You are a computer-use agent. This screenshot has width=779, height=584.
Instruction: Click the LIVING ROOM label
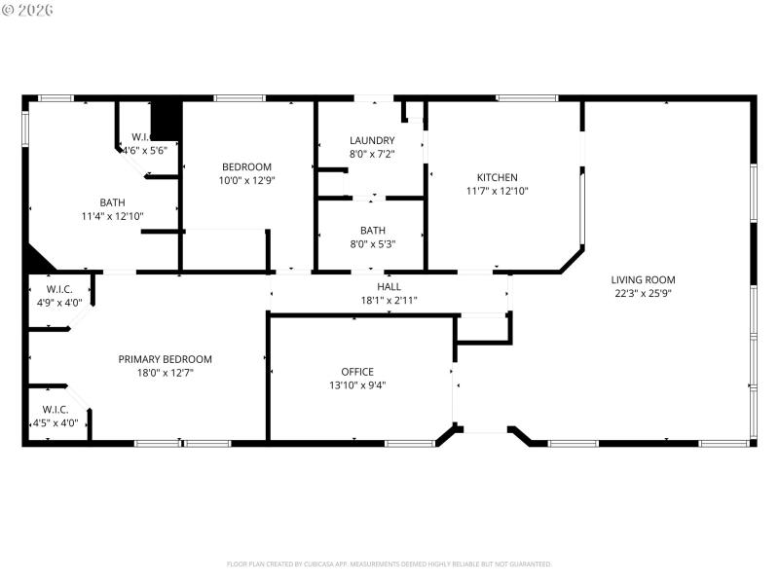tap(643, 280)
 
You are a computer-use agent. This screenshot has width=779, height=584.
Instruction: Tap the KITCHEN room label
tap(497, 177)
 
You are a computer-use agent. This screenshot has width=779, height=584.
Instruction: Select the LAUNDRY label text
tap(372, 140)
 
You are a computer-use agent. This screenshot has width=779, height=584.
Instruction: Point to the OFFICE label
tap(357, 372)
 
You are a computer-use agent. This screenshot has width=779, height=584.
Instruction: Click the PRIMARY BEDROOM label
tap(165, 359)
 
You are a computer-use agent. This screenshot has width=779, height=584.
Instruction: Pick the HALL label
tap(389, 287)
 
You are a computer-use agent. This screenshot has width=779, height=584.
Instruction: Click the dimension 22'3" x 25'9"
tap(643, 293)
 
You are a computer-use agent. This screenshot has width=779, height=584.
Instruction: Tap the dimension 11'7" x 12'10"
tap(497, 191)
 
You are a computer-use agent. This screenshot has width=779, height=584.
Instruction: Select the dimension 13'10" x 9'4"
tap(357, 384)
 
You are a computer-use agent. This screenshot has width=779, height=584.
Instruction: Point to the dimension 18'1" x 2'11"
tap(389, 300)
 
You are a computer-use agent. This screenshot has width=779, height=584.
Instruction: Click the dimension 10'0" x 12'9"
tap(246, 180)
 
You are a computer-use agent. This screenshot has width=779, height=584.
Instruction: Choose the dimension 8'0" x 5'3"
tap(372, 244)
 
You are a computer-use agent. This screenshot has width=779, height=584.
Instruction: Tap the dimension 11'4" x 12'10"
tap(112, 216)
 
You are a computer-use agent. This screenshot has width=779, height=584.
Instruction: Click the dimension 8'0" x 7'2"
tap(372, 154)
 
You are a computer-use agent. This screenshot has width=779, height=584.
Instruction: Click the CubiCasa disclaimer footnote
tap(389, 564)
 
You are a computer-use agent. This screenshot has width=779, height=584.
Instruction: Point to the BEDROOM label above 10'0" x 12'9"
tap(246, 166)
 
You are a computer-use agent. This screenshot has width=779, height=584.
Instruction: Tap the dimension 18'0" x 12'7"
tap(165, 373)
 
